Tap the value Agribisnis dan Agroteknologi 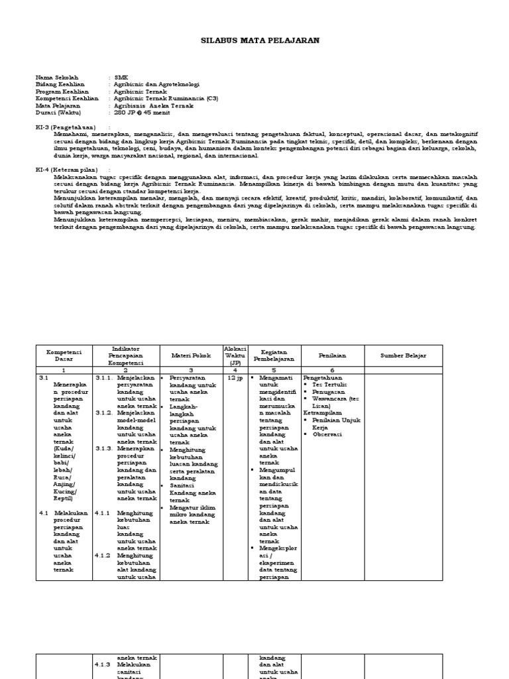156,84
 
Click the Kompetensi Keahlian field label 66,98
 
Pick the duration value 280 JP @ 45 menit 142,112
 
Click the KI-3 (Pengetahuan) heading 65,126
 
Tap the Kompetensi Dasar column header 63,355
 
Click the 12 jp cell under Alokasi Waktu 235,378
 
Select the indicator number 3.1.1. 105,378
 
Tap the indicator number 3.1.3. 105,448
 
